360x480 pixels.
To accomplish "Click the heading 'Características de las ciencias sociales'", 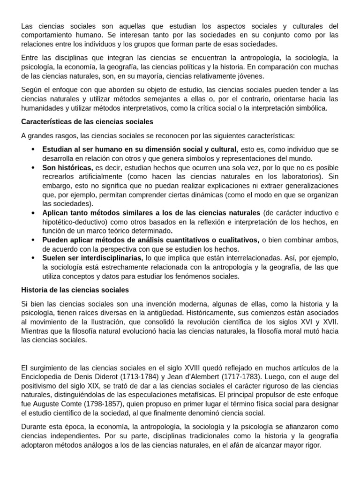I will click(87, 122).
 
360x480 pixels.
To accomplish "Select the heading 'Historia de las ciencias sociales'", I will click(75, 290).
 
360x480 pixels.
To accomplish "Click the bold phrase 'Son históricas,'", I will click(67, 167).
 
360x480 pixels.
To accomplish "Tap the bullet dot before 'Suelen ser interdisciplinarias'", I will click(32, 258).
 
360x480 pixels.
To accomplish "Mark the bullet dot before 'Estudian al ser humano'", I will click(32, 150).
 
